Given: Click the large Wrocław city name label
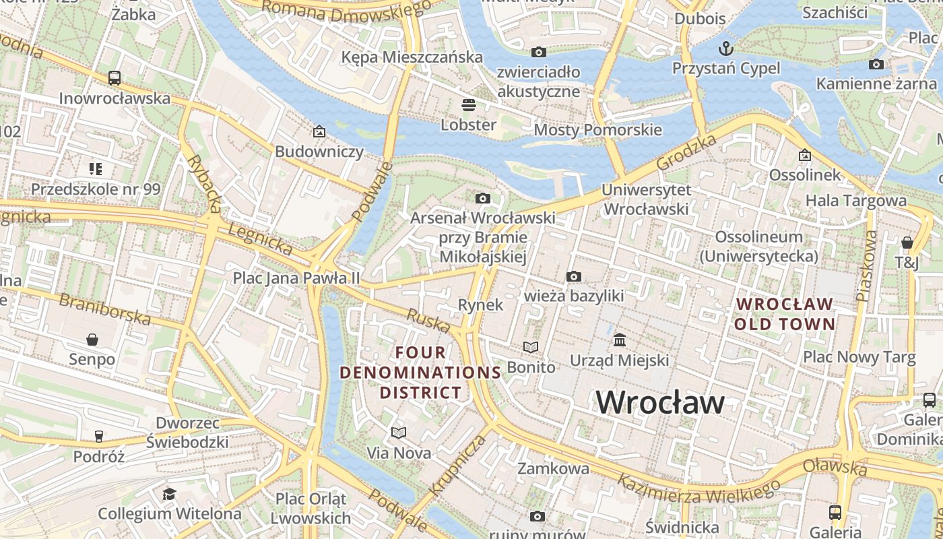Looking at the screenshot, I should pos(660,402).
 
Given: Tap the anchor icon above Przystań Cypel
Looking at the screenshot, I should pos(726,48).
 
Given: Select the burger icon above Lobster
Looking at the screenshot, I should pos(468,105).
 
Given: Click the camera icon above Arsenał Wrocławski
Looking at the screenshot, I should pos(482,198).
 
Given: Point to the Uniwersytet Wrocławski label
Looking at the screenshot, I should pos(646,199).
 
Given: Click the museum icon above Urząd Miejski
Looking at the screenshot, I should pos(620,340).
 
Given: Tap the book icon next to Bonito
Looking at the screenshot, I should pos(531,347).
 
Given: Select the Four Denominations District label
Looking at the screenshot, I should pos(420,372).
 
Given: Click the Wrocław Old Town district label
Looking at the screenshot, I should pos(785,314).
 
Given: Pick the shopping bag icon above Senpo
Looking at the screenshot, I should pos(92,340).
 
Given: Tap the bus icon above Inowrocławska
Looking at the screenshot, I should pos(115,78).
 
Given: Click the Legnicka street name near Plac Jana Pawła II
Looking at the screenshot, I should pos(260,239).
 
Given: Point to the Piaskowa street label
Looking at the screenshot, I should pos(867,265).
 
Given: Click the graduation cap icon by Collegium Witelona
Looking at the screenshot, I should pos(169,495).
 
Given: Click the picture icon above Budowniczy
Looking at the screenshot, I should pos(319,131).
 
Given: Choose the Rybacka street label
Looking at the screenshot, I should pos(204,183).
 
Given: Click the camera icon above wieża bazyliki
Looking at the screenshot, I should pos(574,276).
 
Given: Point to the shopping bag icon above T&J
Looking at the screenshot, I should pos(907,243).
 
